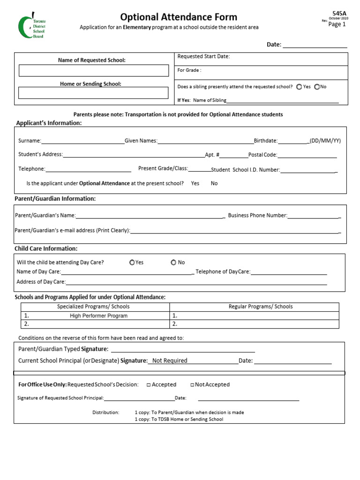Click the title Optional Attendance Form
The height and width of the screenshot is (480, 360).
[179, 17]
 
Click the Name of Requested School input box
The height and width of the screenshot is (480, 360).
[93, 71]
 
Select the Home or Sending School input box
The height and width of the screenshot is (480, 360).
[93, 93]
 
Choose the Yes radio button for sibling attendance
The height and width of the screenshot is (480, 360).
[299, 87]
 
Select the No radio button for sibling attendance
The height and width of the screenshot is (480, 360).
[317, 87]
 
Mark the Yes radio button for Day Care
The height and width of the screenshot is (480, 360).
[132, 262]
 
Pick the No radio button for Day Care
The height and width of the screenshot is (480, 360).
[173, 262]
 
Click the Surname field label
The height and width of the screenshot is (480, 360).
[30, 141]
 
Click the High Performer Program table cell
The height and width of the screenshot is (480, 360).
[98, 316]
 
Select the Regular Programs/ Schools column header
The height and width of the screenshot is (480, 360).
[260, 307]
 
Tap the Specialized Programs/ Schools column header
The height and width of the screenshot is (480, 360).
[93, 307]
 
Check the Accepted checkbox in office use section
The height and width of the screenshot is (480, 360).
[148, 385]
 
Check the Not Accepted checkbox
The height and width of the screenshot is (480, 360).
[192, 385]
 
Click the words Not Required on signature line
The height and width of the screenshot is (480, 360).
[169, 360]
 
